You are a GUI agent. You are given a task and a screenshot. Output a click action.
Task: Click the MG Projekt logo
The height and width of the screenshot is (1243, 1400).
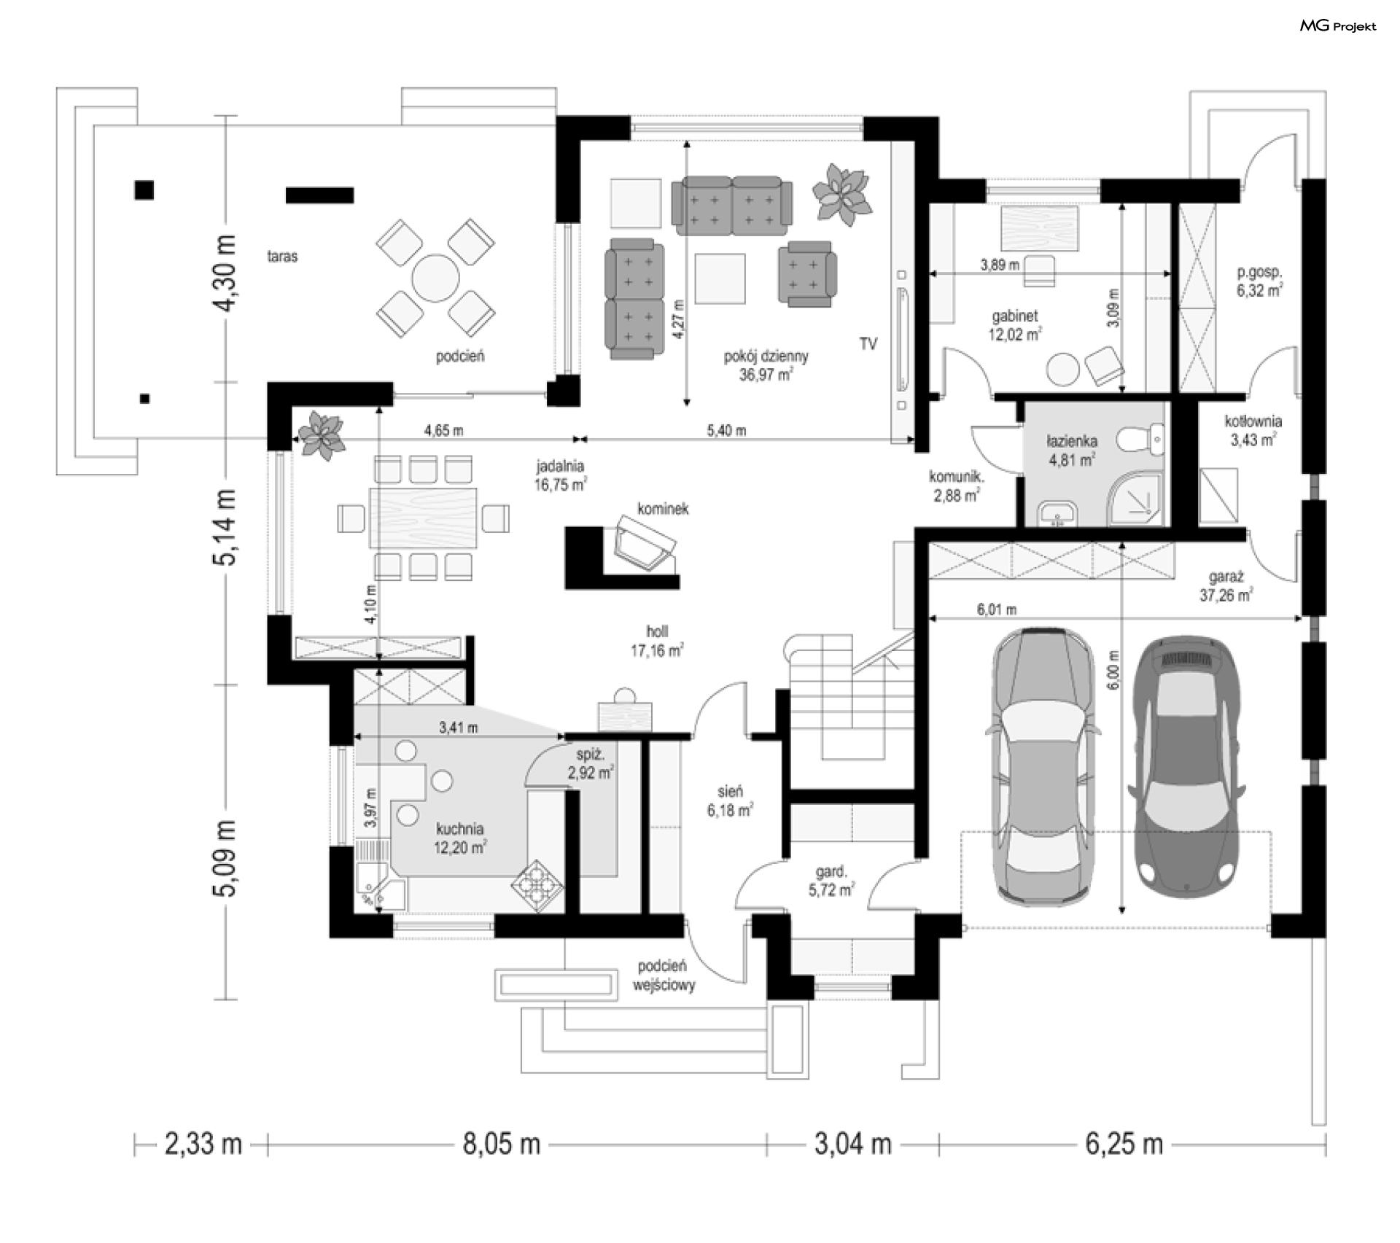[x=1338, y=26]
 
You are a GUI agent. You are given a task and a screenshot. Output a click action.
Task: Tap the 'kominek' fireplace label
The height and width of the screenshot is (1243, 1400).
[x=663, y=509]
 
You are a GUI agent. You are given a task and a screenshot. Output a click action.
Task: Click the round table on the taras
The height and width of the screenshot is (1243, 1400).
[x=435, y=278]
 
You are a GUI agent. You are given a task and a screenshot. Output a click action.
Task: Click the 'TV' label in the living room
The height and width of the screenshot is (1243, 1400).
[x=868, y=344]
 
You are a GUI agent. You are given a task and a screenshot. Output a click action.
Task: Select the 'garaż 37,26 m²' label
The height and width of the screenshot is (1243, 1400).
[x=1226, y=586]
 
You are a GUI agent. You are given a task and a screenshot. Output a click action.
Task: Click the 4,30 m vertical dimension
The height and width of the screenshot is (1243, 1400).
[x=227, y=273]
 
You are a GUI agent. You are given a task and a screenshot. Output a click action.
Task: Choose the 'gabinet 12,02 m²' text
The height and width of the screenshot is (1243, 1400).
[x=1015, y=325]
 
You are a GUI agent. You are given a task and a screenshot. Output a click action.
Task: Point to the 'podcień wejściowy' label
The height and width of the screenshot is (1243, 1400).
[x=663, y=975]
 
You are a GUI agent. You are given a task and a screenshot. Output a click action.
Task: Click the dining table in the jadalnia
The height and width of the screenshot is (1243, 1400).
[x=424, y=518]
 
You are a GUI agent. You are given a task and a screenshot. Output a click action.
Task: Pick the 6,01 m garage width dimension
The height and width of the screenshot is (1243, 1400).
[x=1115, y=618]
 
